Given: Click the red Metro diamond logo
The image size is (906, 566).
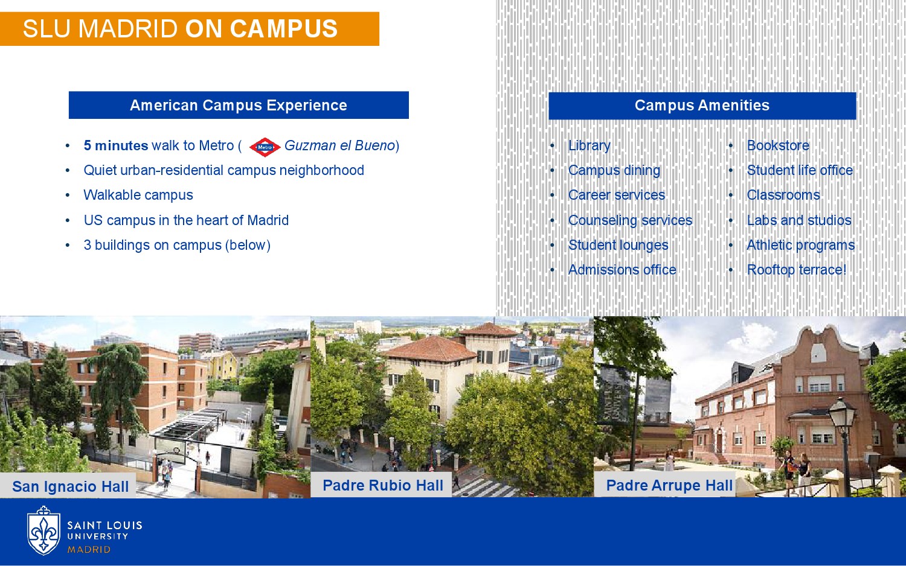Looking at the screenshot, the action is pos(265,147).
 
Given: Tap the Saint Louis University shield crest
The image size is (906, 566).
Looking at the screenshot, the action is pos(43,531).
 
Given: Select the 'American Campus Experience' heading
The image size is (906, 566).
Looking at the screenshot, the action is pos(239,105).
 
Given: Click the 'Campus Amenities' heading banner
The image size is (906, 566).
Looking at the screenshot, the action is pos(702,106).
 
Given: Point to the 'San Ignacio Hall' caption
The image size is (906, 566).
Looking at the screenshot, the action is pos(71,486).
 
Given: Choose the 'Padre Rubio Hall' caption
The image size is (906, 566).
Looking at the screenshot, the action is pos(382,485).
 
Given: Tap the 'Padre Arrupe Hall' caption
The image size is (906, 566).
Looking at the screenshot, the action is pos(669,485).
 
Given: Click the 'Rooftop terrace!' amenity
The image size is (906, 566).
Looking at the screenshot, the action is pos(797,270).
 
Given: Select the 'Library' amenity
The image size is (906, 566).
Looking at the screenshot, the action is pos(590,145).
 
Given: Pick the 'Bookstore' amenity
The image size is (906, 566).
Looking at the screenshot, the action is pos(778,145).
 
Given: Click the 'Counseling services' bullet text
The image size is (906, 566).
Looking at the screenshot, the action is pos(630,220).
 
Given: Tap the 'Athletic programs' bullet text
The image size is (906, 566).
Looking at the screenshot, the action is pos(800,245).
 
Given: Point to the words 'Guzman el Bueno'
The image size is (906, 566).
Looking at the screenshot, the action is pos(339,145).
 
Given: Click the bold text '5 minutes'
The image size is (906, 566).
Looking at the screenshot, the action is pos(116,145).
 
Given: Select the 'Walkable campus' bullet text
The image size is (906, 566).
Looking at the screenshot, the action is pos(138,195).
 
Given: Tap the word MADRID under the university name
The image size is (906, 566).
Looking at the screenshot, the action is pos(89,550).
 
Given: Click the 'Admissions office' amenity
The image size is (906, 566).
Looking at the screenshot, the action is pos(622,270).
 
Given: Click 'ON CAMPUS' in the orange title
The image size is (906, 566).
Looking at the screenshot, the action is pos(262,29).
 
